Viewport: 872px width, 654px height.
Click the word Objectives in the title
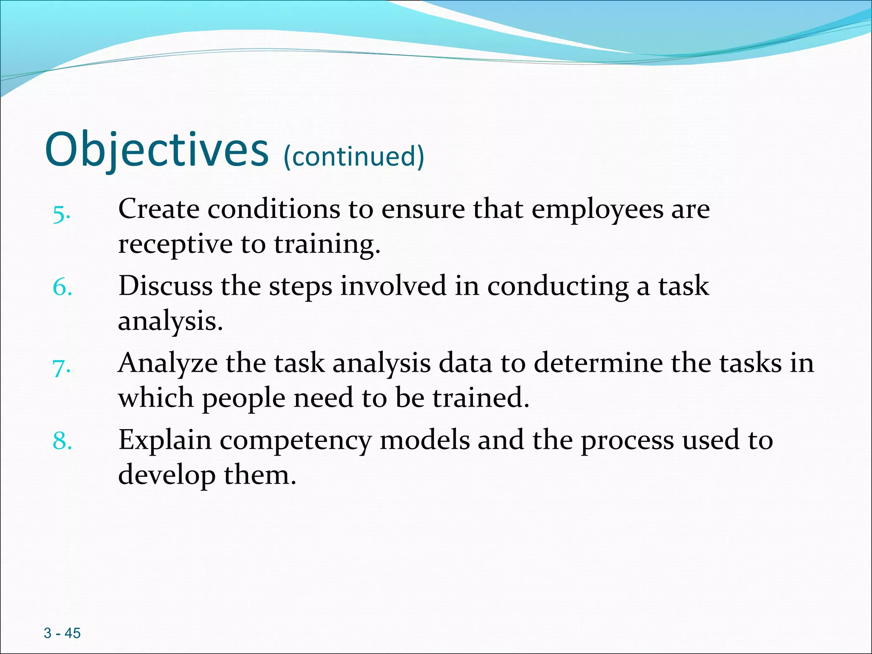tap(156, 150)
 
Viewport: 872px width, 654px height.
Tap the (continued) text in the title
tap(353, 156)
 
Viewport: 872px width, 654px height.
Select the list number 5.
tap(61, 214)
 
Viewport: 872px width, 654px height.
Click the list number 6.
tap(62, 287)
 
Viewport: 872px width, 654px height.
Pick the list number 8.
tap(62, 441)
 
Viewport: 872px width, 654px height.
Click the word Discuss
tap(165, 286)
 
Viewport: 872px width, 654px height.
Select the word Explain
tap(164, 441)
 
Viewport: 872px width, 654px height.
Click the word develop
tap(166, 476)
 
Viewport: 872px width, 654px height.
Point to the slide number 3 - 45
tap(62, 633)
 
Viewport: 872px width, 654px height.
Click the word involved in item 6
tap(393, 286)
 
